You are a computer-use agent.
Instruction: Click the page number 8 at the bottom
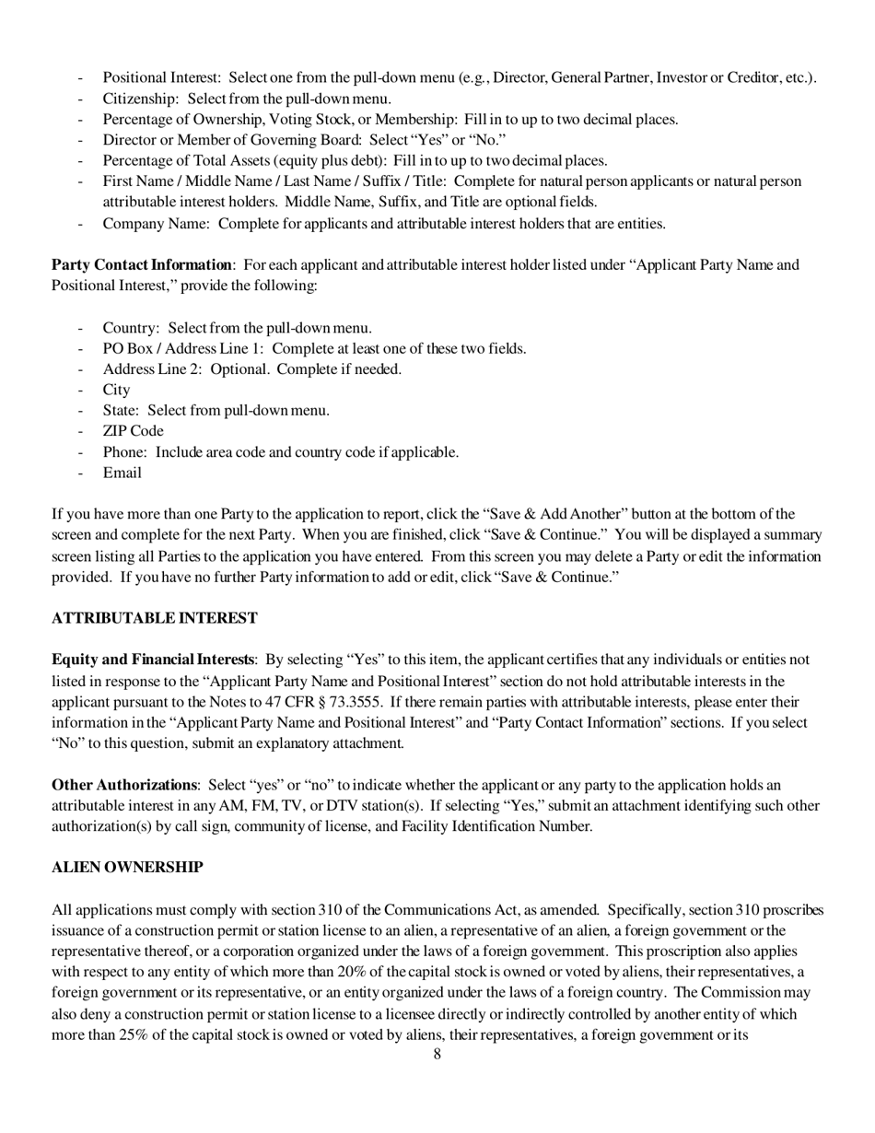[437, 1055]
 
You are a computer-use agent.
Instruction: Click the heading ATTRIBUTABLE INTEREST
[154, 618]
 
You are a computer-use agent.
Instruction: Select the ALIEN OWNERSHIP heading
[127, 868]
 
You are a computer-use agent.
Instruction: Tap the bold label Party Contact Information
[141, 265]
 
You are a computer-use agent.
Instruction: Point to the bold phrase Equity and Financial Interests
[153, 660]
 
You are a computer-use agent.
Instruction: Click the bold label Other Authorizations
[124, 785]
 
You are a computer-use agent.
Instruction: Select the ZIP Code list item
[133, 431]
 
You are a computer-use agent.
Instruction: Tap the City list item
[116, 390]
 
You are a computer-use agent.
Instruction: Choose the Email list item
[122, 473]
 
